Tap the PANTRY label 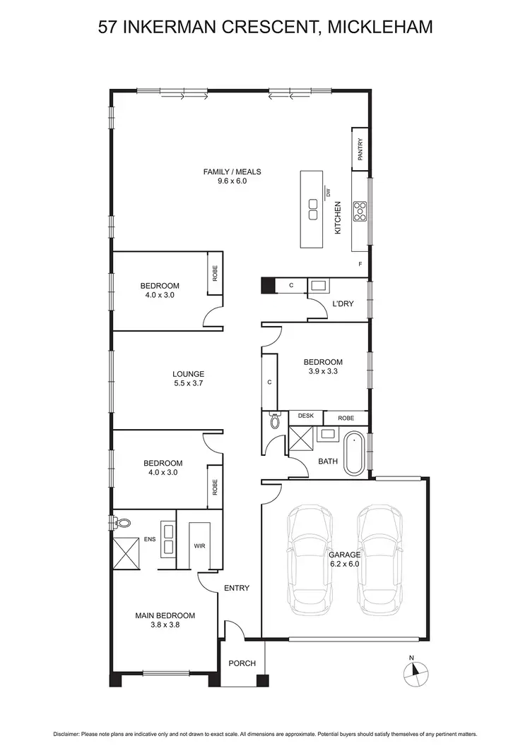pyautogui.click(x=360, y=149)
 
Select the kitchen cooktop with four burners pyautogui.click(x=360, y=210)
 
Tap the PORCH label pyautogui.click(x=241, y=664)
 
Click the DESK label pyautogui.click(x=305, y=416)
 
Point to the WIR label pyautogui.click(x=199, y=546)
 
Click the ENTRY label pyautogui.click(x=236, y=587)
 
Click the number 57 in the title pyautogui.click(x=108, y=28)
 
